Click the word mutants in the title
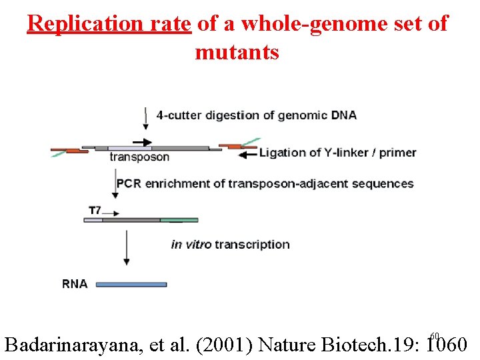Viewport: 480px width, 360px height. coord(237,52)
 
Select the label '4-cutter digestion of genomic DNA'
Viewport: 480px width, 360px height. coord(256,115)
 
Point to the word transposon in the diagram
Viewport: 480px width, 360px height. coord(139,157)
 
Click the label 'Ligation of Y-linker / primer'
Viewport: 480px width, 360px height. coord(337,153)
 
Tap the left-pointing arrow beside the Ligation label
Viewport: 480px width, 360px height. coord(247,154)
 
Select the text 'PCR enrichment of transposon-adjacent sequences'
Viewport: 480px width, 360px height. coord(265,183)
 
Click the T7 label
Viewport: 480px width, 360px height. coord(95,210)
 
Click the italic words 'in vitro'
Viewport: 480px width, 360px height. coord(191,244)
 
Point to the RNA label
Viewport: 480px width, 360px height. coord(75,283)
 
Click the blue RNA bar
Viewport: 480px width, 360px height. coord(131,284)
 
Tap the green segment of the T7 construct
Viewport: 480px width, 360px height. coord(179,219)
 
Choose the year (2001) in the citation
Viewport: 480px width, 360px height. coord(224,345)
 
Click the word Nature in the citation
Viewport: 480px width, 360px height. coord(287,345)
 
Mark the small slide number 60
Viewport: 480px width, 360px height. coord(435,335)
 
